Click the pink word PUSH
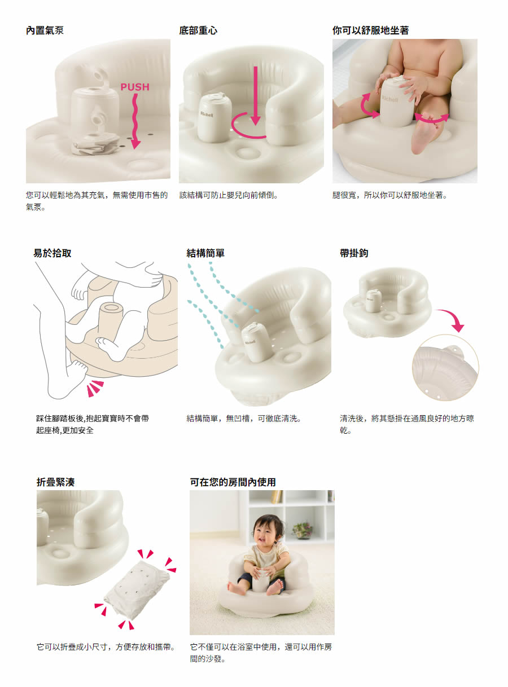pos(135,87)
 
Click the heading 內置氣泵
pos(45,30)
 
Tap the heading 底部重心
pos(198,30)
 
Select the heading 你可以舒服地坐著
pos(371,30)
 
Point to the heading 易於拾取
pos(52,253)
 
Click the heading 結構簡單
pos(205,253)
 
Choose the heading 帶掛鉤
pos(354,253)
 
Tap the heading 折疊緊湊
pos(56,482)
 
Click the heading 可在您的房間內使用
pos(233,482)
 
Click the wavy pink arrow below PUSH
pos(135,121)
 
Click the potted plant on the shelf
pos(302,530)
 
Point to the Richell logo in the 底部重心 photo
pos(207,114)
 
